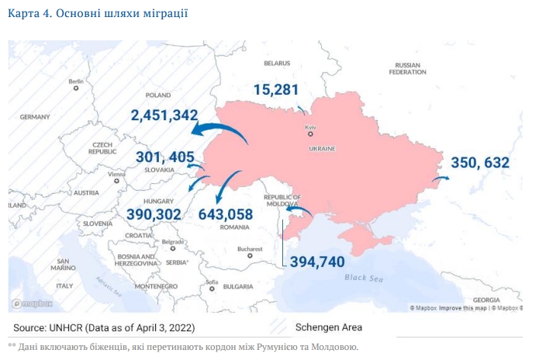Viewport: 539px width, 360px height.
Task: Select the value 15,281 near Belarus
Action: pyautogui.click(x=275, y=90)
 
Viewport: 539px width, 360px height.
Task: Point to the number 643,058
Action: pyautogui.click(x=226, y=214)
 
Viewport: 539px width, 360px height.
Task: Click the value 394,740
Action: pyautogui.click(x=316, y=261)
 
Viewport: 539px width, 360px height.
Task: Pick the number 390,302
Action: pyautogui.click(x=154, y=214)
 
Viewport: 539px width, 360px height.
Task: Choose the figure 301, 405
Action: pyautogui.click(x=165, y=157)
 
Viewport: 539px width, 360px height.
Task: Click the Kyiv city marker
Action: pyautogui.click(x=310, y=134)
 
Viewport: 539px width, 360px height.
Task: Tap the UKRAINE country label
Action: pyautogui.click(x=321, y=147)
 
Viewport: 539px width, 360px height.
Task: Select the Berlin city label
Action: pyautogui.click(x=76, y=81)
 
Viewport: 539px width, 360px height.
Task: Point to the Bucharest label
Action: pyautogui.click(x=250, y=249)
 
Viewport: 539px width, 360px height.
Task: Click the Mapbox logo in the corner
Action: pyautogui.click(x=28, y=304)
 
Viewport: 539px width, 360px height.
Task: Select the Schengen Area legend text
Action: pyautogui.click(x=329, y=327)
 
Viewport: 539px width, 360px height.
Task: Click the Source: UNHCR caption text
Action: pyautogui.click(x=104, y=327)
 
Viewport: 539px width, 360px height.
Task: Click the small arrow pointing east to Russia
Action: pyautogui.click(x=441, y=178)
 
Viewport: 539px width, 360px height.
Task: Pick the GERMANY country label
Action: pyautogui.click(x=35, y=116)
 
